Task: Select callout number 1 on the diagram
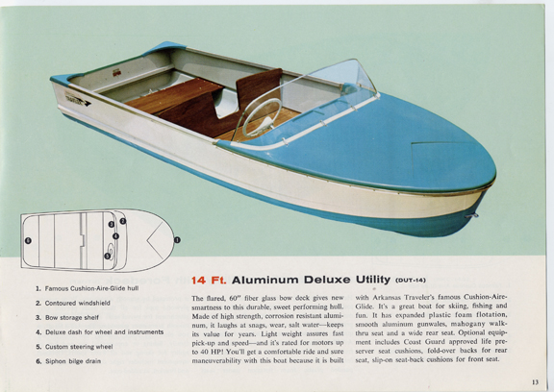177,240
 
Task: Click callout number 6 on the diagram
28,240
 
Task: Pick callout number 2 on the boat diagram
122,221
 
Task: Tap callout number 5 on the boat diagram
108,257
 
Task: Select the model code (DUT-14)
411,281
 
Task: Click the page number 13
535,381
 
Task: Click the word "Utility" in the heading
373,280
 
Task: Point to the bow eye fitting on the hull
472,215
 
